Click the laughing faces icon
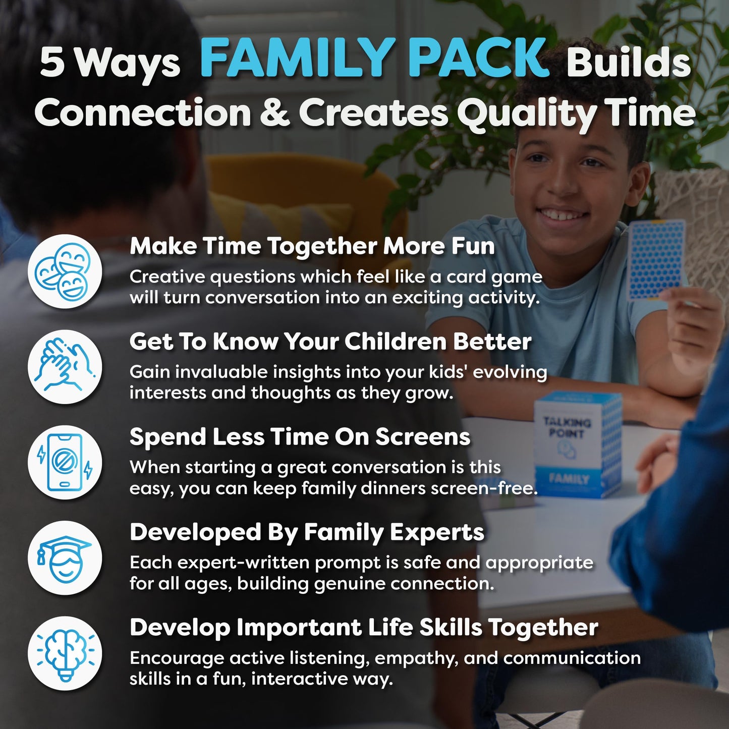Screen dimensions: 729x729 click(x=65, y=271)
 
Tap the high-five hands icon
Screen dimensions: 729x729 click(x=65, y=367)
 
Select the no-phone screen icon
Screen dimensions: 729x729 click(x=65, y=463)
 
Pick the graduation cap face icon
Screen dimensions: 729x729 click(x=65, y=558)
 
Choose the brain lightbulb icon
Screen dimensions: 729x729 click(x=65, y=653)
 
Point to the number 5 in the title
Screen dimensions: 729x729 click(x=52, y=63)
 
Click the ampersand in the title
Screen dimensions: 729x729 click(x=275, y=112)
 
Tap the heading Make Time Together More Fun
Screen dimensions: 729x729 click(x=312, y=247)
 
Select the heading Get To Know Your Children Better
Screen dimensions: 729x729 click(x=330, y=342)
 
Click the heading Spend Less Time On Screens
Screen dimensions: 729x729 click(x=300, y=437)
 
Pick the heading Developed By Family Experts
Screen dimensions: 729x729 click(x=307, y=533)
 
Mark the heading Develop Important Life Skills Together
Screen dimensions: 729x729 click(x=363, y=628)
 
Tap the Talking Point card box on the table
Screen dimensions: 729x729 click(x=578, y=443)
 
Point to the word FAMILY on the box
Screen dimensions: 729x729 click(x=569, y=478)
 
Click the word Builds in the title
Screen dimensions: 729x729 click(x=628, y=63)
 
